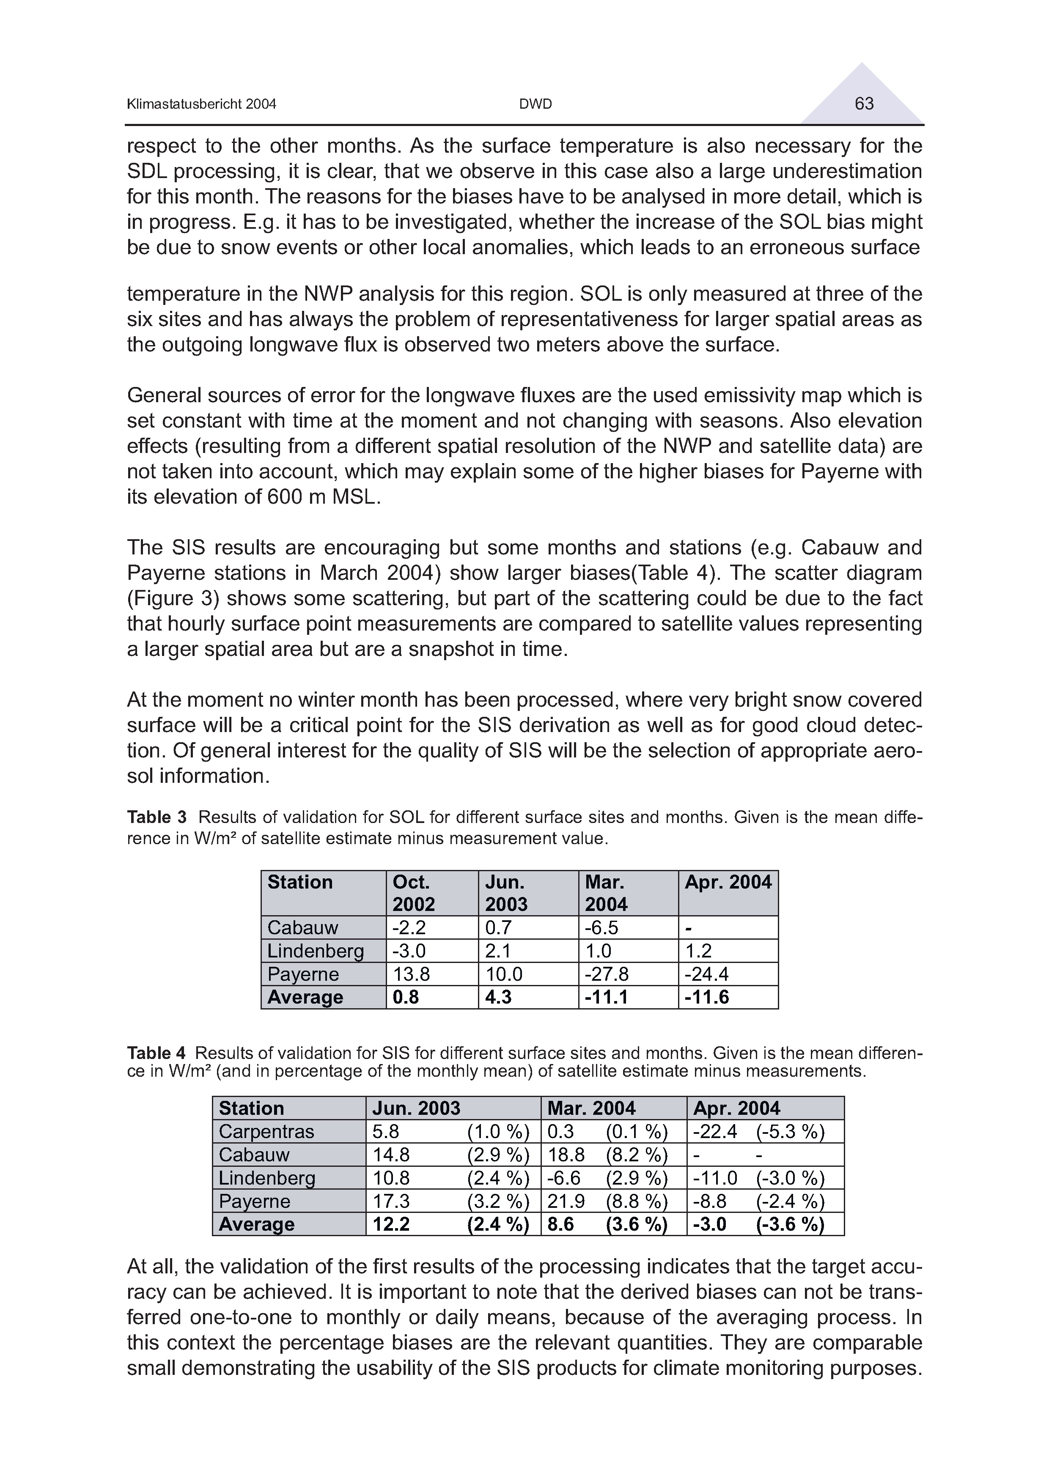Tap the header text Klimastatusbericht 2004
click(x=202, y=104)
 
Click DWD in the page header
click(x=536, y=104)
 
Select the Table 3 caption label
click(x=157, y=817)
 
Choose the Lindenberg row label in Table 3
click(x=316, y=951)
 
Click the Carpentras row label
click(x=266, y=1131)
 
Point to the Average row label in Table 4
click(x=257, y=1224)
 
